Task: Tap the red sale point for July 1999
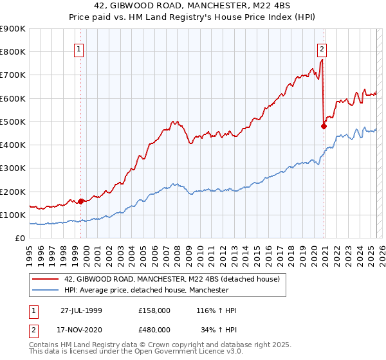81,201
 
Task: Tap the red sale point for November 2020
324,126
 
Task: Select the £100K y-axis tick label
12,215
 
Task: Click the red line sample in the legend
45,280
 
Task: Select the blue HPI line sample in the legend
45,291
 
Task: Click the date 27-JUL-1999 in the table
81,310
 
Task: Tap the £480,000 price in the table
155,329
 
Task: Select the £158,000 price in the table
155,310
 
